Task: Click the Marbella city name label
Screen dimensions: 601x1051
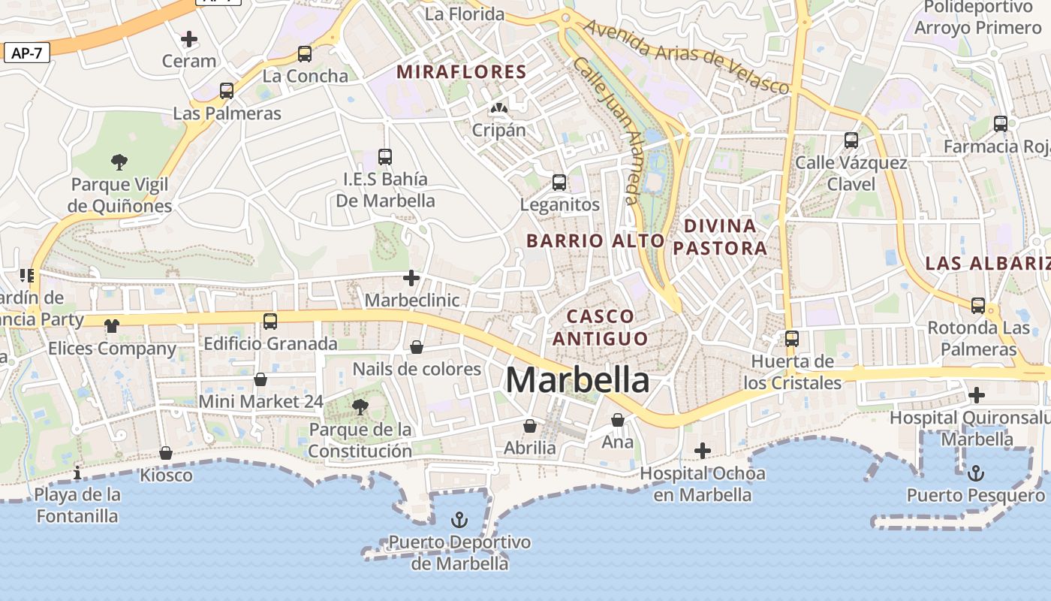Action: click(577, 380)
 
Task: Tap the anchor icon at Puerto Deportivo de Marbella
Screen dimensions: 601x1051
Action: click(459, 520)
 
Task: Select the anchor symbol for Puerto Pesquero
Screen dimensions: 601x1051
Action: click(975, 473)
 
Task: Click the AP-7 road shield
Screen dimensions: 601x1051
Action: click(26, 53)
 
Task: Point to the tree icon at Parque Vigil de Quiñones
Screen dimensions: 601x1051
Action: click(119, 162)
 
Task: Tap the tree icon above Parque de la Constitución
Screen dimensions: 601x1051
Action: click(360, 407)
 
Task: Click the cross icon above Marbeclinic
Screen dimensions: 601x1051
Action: click(411, 278)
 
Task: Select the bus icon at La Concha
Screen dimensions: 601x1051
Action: click(304, 54)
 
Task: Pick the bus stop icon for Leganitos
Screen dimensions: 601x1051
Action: click(559, 183)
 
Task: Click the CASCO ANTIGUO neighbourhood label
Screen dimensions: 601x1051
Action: click(601, 327)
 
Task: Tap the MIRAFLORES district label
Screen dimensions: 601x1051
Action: click(462, 72)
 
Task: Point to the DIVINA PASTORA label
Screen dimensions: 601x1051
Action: click(720, 237)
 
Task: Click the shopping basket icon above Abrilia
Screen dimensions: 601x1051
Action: click(530, 426)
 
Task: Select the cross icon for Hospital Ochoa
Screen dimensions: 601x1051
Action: click(703, 451)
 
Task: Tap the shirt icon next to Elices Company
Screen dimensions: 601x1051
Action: click(112, 325)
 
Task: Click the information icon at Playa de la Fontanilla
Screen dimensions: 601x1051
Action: click(77, 473)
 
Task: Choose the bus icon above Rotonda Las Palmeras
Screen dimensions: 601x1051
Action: click(978, 306)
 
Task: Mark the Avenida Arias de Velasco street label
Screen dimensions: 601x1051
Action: click(686, 57)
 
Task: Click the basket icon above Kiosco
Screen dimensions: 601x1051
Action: click(166, 453)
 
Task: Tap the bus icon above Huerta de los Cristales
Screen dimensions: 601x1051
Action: click(792, 339)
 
